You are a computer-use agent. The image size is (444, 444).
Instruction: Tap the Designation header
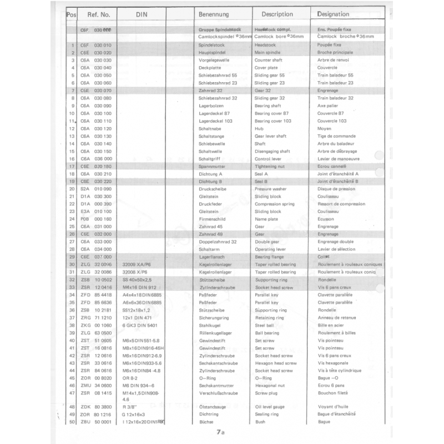point(333,14)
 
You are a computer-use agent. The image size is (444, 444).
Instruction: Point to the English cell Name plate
point(266,219)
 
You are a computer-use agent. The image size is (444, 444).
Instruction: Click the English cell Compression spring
point(274,204)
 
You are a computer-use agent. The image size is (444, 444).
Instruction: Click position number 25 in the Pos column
point(72,226)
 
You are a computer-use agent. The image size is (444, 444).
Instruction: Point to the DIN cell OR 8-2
point(132,378)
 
